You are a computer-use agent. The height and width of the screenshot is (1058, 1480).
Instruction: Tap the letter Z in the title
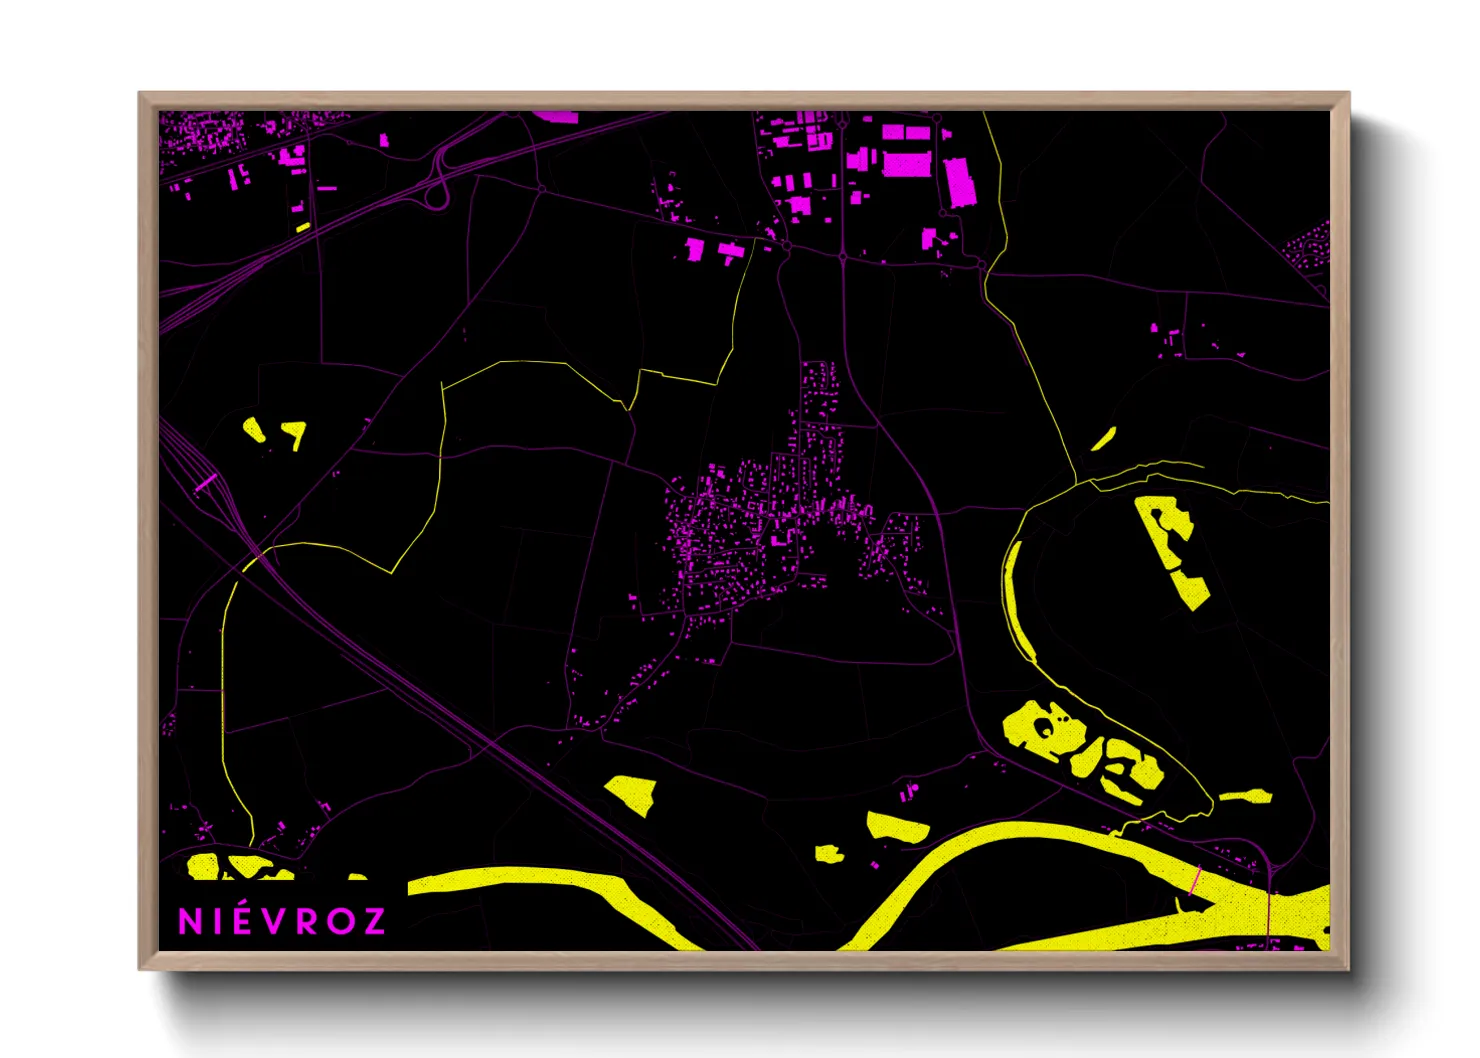373,921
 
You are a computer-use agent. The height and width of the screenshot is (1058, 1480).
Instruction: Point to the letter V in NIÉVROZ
272,921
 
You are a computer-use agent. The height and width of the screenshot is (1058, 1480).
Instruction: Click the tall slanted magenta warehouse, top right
960,181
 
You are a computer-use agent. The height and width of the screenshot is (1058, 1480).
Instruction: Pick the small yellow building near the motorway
303,227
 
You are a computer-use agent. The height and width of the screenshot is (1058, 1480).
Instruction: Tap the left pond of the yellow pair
254,431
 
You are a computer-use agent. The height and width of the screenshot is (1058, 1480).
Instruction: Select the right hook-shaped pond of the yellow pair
295,433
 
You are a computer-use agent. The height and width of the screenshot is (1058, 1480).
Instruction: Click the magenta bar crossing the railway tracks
206,482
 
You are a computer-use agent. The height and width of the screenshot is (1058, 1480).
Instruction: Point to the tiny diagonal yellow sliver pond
1103,439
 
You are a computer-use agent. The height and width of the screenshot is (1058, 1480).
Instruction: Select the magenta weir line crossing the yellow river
1196,878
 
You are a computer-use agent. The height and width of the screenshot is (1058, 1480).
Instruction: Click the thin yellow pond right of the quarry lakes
1246,797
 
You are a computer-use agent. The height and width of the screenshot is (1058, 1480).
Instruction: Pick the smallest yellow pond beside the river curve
828,853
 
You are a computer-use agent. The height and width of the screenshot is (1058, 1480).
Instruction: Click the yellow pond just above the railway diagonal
632,793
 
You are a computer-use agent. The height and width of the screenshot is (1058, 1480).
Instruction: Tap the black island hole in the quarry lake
1045,726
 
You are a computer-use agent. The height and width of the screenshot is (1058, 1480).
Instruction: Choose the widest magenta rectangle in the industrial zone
907,163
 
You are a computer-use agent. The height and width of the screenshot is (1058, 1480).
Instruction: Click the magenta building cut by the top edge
556,116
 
